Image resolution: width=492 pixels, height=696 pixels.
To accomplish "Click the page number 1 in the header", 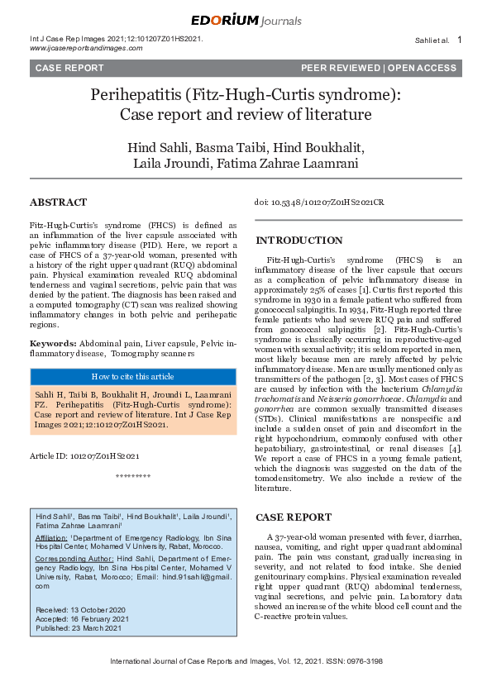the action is [x=459, y=40].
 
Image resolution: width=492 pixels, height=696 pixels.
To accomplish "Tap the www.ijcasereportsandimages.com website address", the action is [x=86, y=48].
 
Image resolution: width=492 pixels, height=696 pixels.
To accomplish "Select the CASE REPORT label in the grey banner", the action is [x=69, y=68].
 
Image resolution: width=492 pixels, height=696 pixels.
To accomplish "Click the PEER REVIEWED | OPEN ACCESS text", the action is [x=378, y=68].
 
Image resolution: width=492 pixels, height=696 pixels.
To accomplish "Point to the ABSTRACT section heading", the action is [x=58, y=203].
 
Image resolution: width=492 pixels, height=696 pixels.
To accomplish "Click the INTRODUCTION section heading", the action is [x=298, y=241].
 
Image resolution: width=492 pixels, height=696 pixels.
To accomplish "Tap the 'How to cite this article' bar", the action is [x=131, y=375].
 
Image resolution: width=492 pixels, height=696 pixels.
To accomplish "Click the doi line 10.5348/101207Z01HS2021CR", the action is [x=318, y=202].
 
